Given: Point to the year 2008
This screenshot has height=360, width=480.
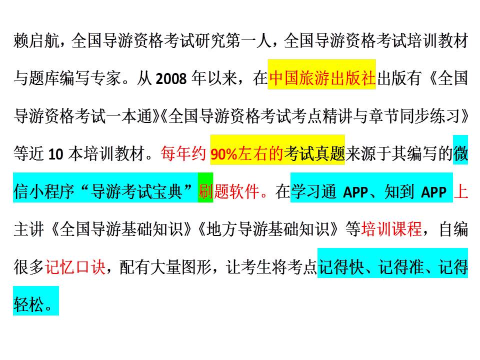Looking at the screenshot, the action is click(x=171, y=78).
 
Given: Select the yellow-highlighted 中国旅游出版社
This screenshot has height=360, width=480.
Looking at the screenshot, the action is click(x=322, y=78).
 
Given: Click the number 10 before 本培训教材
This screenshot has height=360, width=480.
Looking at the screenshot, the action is click(x=55, y=154).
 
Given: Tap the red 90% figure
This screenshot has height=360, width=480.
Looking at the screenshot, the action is click(x=224, y=154).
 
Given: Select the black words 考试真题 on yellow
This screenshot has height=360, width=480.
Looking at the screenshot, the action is click(x=314, y=153).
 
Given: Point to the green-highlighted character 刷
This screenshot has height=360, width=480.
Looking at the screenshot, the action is click(x=205, y=191).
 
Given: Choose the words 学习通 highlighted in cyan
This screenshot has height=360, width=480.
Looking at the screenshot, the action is click(x=313, y=191).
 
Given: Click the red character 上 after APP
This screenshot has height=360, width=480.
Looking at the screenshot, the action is click(x=460, y=191).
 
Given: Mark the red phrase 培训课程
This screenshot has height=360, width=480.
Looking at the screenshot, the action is click(x=391, y=229).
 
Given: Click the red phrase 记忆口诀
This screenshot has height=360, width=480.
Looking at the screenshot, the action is click(x=75, y=267).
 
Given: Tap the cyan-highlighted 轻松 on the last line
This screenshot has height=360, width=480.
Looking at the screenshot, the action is click(x=29, y=304).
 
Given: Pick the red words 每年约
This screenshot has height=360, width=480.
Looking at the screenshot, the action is click(x=183, y=153).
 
